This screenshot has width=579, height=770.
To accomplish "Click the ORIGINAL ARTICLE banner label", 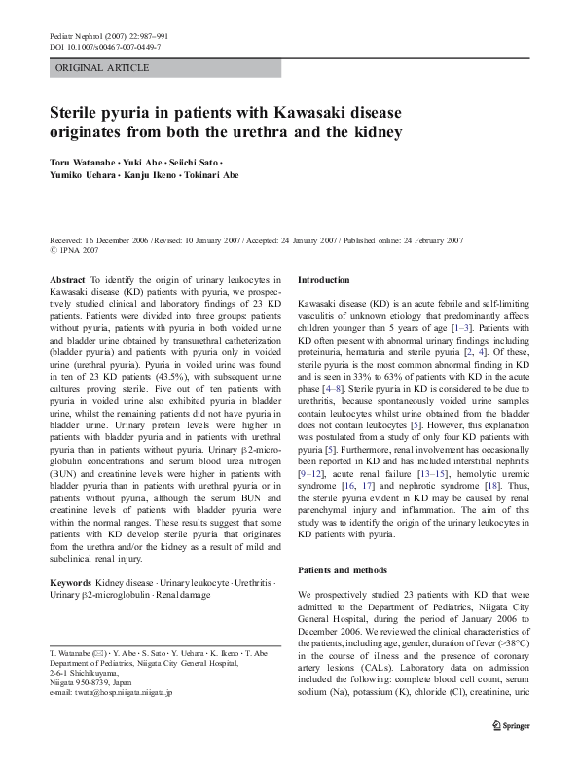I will tap(102, 68).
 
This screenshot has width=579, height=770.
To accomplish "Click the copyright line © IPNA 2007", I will tap(77, 250).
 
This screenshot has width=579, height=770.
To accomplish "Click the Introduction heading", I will tap(324, 279).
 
